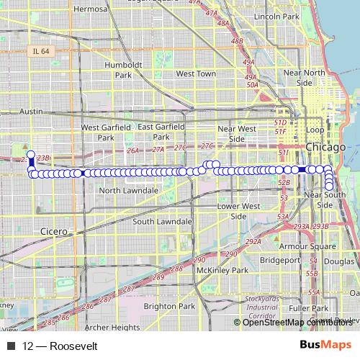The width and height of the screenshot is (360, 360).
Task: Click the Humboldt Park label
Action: pos(118,68)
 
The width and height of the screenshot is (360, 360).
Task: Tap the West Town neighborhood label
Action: pos(196,73)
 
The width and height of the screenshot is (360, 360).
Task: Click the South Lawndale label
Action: pos(162,221)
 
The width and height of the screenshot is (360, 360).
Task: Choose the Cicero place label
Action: pos(54,232)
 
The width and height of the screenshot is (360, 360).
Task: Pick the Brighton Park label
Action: pos(169,306)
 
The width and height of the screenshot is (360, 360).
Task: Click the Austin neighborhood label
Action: pos(32,112)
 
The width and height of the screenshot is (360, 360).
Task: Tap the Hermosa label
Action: pos(90,9)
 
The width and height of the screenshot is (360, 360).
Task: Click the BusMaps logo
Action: pos(325,346)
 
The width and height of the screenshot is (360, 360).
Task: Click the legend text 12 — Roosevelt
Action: pos(60,346)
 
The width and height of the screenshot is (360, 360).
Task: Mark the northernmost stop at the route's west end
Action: pos(30,153)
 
